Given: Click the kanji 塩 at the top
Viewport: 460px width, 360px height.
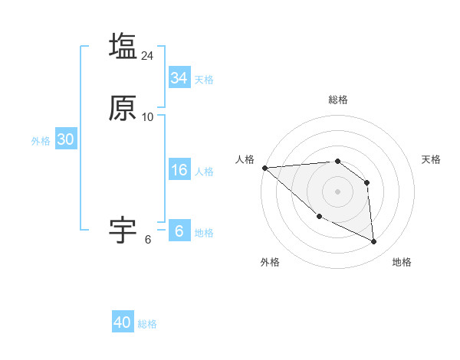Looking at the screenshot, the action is pos(123,46).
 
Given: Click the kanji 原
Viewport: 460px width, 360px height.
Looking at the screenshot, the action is pos(123,109).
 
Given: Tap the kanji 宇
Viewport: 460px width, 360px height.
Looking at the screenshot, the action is pos(123,231).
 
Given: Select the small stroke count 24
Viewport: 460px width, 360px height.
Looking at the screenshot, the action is pos(148,56).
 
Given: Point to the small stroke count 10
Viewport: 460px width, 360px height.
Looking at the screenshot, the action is pos(148,117).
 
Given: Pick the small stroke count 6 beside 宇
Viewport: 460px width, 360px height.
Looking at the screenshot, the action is pos(148,240).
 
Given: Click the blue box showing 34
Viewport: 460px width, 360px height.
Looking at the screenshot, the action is pos(179,78).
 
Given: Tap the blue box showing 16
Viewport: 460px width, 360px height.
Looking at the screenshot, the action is pos(179,170).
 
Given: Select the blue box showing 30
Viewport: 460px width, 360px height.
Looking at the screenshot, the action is pos(65,139).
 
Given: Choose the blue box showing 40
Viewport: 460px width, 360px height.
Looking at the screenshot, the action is pos(123,322).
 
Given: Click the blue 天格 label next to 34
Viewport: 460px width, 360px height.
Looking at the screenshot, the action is pos(204,80).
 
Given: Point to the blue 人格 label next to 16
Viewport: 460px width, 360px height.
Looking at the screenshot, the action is pos(204,172).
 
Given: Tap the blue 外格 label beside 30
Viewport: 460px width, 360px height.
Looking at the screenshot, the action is pos(41,141).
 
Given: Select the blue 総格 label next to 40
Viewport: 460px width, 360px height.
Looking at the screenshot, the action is pos(147,324).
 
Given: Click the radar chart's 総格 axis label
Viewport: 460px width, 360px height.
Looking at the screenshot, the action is pos(338,100).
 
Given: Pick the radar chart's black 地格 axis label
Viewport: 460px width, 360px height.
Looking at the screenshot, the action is pos(402,263).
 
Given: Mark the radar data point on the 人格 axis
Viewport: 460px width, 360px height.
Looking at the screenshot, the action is pos(264,168).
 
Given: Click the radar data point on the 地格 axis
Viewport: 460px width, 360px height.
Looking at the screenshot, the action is pos(374,242).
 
